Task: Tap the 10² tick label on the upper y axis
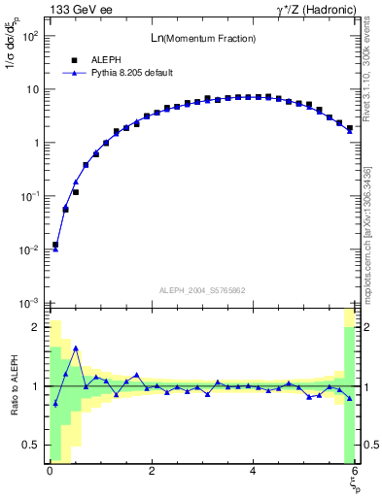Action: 28,36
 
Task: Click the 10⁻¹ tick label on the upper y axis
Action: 28,196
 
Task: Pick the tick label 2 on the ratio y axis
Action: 34,327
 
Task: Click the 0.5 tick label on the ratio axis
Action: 30,446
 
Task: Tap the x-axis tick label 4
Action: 253,472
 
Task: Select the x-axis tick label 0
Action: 50,472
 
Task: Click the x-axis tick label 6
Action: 354,472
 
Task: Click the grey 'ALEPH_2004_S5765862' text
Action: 201,290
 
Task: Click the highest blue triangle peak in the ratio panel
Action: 76,348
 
